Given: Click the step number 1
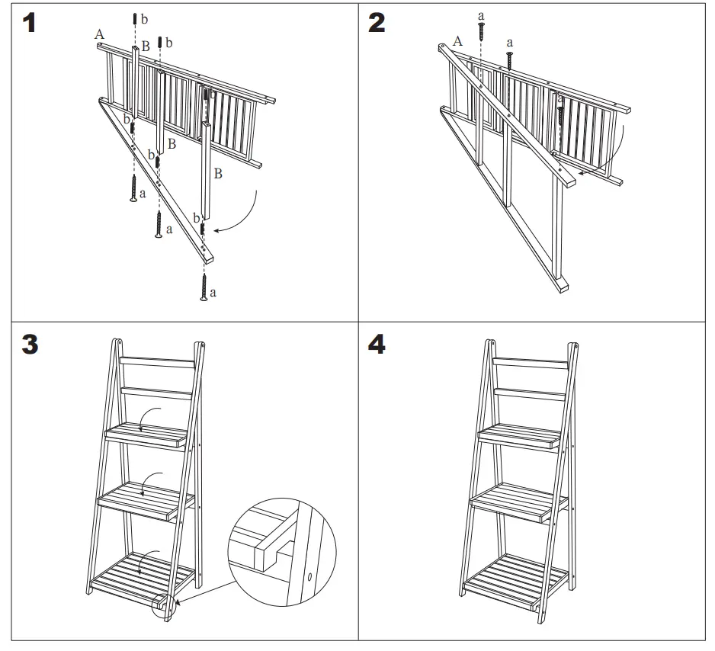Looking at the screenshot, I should click(28, 23).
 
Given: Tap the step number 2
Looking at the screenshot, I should click(377, 23).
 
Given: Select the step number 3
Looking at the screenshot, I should click(29, 345).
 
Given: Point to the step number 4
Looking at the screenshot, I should click(377, 345).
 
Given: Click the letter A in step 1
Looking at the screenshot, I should click(99, 34).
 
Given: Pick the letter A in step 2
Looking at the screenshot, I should click(457, 41).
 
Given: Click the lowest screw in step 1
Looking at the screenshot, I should click(204, 288).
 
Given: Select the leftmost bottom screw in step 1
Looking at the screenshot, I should click(133, 188).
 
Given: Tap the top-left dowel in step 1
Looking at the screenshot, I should click(135, 18).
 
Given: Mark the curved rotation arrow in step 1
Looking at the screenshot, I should click(245, 211).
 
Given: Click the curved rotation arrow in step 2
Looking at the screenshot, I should click(610, 156).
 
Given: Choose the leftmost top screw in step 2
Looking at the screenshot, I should click(480, 29).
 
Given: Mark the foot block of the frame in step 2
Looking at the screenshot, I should click(563, 287).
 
